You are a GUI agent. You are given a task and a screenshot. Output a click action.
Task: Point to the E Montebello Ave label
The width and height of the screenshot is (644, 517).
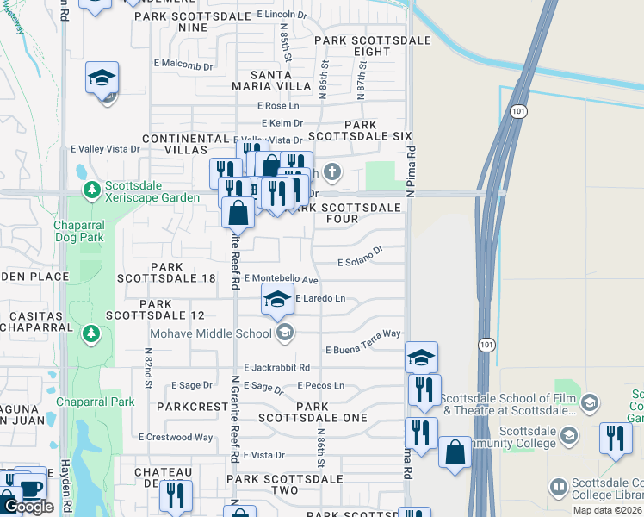pyautogui.click(x=282, y=279)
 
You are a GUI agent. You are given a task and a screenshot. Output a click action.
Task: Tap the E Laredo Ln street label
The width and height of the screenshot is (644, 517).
pyautogui.click(x=320, y=298)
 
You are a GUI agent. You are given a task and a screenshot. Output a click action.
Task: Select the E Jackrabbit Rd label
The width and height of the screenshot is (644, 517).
pyautogui.click(x=276, y=367)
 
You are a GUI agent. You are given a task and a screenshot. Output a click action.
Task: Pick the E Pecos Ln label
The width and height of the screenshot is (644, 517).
pyautogui.click(x=321, y=385)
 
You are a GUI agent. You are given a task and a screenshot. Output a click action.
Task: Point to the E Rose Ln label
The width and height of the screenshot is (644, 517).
pyautogui.click(x=276, y=105)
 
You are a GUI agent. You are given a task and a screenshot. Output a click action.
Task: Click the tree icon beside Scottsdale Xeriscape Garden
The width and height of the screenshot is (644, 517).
pyautogui.click(x=90, y=189)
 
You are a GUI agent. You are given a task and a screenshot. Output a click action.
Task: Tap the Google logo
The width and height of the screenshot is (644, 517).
pyautogui.click(x=28, y=507)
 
